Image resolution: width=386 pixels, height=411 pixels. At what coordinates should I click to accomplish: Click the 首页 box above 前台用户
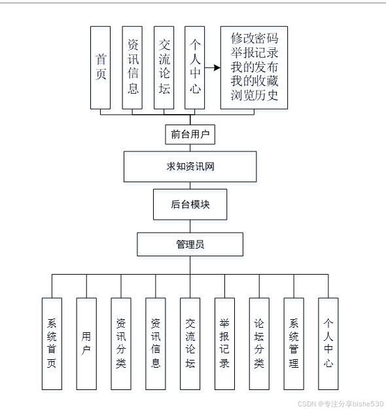(x=100, y=68)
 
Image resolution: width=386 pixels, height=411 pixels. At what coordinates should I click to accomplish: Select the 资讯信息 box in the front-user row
(x=132, y=68)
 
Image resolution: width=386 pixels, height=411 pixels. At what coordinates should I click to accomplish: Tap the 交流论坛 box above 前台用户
(x=164, y=68)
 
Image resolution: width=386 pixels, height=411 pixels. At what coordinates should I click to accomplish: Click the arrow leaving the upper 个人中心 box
(x=212, y=67)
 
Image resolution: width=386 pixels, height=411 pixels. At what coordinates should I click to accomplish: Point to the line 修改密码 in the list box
(x=254, y=38)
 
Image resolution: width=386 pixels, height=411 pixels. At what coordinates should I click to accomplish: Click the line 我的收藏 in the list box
(x=254, y=81)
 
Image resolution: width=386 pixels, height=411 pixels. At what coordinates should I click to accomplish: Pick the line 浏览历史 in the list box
(x=254, y=96)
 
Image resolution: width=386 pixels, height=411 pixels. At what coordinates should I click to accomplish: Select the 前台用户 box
(x=190, y=134)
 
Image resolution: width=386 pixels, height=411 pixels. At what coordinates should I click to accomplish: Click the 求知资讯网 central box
(x=190, y=166)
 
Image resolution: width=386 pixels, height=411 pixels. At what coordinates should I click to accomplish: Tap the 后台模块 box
(x=190, y=205)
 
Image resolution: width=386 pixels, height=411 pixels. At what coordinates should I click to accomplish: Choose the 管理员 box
(x=190, y=245)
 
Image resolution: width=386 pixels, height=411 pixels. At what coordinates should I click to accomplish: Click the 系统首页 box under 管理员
(x=52, y=343)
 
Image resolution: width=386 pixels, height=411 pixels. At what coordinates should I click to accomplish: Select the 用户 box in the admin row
(x=86, y=343)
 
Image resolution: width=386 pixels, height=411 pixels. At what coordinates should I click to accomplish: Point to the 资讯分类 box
(x=121, y=343)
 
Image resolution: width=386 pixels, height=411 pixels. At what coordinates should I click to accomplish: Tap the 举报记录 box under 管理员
(x=224, y=343)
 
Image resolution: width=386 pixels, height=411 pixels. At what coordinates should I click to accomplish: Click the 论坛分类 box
(x=259, y=343)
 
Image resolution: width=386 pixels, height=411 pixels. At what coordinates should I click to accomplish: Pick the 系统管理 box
(x=294, y=343)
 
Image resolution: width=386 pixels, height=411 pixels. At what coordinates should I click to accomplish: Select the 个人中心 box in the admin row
(x=328, y=343)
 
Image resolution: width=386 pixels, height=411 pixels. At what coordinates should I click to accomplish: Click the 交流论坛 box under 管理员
(x=190, y=343)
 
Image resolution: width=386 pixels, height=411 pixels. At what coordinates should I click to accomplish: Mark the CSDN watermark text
(x=340, y=404)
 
